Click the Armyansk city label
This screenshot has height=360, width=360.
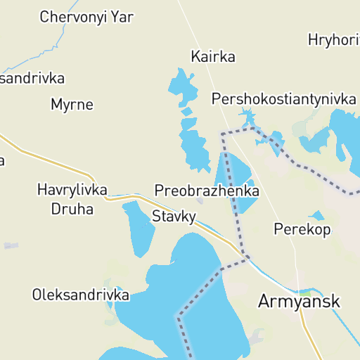(299, 301)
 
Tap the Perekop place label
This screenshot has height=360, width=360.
(302, 229)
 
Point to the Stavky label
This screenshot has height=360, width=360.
(174, 217)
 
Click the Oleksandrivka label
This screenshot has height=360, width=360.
(81, 295)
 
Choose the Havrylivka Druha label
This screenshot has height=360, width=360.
(72, 198)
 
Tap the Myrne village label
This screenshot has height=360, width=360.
(72, 105)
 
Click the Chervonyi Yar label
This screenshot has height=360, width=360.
(87, 17)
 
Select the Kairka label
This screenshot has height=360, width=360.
(213, 56)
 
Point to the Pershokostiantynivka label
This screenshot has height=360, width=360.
(284, 98)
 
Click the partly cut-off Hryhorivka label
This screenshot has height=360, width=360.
(333, 40)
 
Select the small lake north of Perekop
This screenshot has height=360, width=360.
(317, 215)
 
